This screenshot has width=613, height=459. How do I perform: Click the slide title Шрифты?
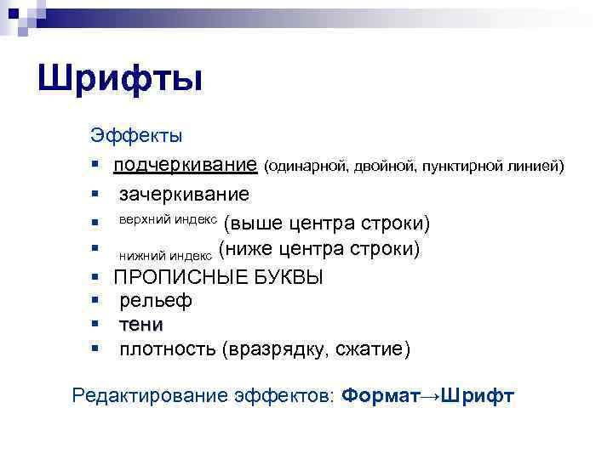coord(120,80)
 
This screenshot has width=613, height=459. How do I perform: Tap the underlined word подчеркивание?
coord(186,162)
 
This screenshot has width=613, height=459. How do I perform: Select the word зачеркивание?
coord(184,195)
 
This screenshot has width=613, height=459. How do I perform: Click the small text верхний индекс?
coord(168,219)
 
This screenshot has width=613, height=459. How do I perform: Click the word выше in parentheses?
coord(256,224)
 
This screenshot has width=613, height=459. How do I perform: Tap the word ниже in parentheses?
coord(250,249)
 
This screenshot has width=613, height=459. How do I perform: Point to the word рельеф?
coord(156,301)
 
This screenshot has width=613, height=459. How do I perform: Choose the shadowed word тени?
coord(141,325)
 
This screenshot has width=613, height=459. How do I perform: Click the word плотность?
coord(167,349)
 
